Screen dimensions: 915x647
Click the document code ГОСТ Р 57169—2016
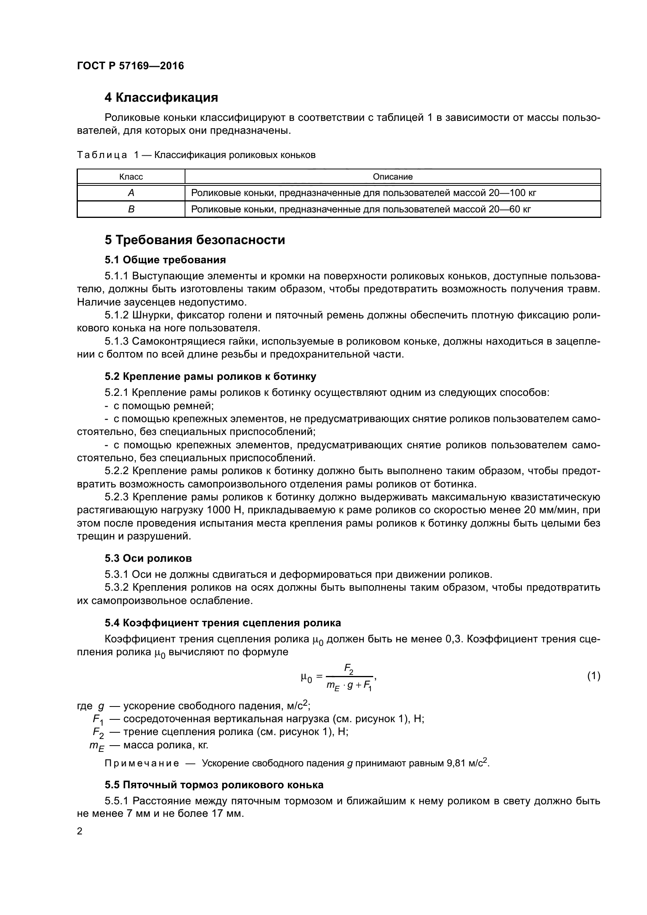click(x=130, y=66)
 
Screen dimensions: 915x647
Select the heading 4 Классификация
click(x=161, y=97)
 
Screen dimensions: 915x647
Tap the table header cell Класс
click(x=131, y=176)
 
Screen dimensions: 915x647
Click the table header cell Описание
click(x=392, y=176)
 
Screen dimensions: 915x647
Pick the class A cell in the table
click(x=131, y=193)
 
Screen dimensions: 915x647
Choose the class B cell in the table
click(x=131, y=209)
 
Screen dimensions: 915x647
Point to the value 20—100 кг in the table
click(x=512, y=193)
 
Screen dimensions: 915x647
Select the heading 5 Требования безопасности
click(x=195, y=240)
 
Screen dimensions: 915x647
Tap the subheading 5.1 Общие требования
click(x=165, y=260)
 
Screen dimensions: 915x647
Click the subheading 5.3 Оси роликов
click(x=148, y=558)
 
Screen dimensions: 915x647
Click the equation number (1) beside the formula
click(x=594, y=676)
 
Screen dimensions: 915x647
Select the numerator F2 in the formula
click(x=349, y=668)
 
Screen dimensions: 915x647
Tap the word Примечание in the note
click(x=142, y=763)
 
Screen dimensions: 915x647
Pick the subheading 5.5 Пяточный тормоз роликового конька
click(x=214, y=785)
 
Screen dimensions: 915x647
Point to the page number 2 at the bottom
click(x=80, y=831)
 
